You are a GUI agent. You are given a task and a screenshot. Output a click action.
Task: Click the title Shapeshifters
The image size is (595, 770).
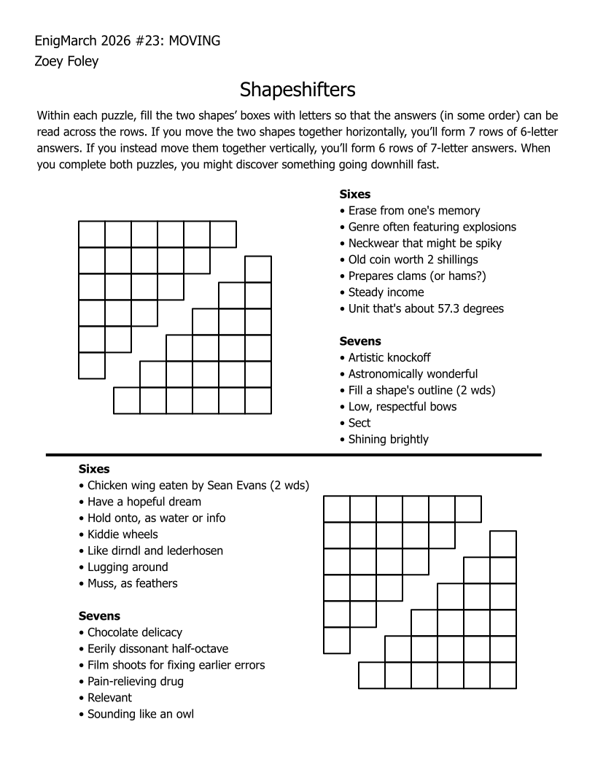(x=297, y=90)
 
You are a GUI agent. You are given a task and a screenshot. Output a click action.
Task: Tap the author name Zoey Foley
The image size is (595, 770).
(x=66, y=61)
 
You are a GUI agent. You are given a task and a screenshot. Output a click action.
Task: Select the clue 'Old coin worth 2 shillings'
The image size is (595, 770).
(x=413, y=260)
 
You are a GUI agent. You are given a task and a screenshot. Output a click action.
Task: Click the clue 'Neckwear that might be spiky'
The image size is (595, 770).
(x=424, y=243)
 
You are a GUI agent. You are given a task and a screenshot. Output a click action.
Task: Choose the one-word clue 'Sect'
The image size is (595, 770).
(x=359, y=423)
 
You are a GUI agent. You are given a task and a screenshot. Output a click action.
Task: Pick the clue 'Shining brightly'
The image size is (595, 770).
(x=388, y=439)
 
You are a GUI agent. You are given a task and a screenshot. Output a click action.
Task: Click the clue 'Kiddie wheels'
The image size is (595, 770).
(x=122, y=534)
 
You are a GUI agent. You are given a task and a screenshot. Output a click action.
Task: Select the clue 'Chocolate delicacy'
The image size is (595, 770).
(x=135, y=632)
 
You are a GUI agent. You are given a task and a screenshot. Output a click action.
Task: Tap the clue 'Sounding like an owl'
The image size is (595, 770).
(x=140, y=714)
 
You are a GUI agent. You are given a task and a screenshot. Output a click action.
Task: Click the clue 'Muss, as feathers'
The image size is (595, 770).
(x=132, y=583)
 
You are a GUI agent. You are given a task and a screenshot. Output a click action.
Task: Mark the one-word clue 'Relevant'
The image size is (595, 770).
(x=109, y=698)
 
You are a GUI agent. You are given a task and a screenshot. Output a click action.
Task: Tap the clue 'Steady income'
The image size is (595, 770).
(x=386, y=292)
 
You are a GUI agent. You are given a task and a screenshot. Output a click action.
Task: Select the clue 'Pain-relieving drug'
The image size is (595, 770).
(x=135, y=682)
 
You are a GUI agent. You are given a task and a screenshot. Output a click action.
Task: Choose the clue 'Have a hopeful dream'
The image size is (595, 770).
(x=144, y=502)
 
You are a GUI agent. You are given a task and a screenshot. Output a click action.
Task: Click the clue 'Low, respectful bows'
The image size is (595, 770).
(x=402, y=406)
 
